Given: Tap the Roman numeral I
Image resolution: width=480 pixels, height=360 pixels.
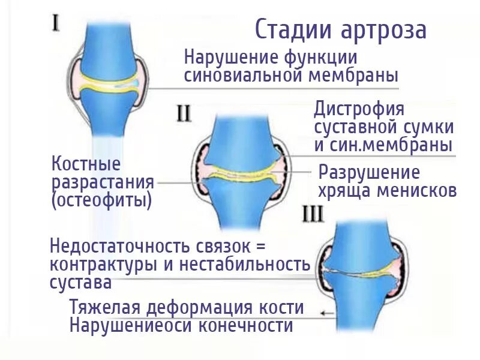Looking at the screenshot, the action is (x=55, y=24).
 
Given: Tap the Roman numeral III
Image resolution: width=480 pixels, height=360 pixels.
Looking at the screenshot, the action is (x=312, y=214).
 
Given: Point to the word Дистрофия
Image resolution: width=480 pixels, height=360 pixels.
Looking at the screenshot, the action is (x=359, y=109).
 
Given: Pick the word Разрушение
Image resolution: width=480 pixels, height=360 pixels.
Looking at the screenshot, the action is (x=369, y=172).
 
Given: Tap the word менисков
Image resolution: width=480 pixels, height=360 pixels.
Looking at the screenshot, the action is (x=416, y=190).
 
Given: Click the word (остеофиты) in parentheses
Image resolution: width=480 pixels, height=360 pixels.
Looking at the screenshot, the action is (x=101, y=200).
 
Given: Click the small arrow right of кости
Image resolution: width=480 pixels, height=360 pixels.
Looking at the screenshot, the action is (x=327, y=312).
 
